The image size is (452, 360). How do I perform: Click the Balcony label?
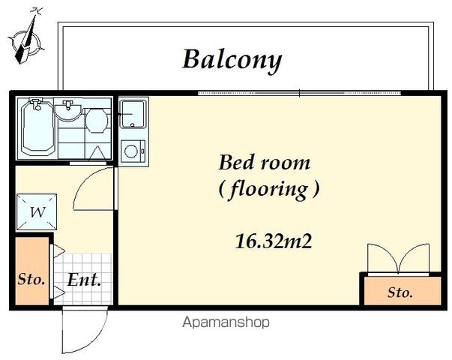pyautogui.click(x=232, y=60)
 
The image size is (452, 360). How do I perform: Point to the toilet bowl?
pyautogui.click(x=97, y=120)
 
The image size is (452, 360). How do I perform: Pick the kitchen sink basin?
pyautogui.click(x=133, y=114)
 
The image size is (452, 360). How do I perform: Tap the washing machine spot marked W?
pyautogui.click(x=37, y=212)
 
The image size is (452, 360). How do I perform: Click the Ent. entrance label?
pyautogui.click(x=84, y=279)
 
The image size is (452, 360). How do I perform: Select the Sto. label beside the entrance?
pyautogui.click(x=31, y=279)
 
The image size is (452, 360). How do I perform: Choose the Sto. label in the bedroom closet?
pyautogui.click(x=400, y=292)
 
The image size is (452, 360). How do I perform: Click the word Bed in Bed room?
pyautogui.click(x=235, y=162)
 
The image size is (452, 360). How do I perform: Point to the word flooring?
pyautogui.click(x=268, y=190)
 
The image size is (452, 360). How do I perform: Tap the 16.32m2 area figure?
pyautogui.click(x=274, y=241)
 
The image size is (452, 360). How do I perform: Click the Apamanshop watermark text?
pyautogui.click(x=226, y=322)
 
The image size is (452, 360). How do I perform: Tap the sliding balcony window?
pyautogui.click(x=300, y=93)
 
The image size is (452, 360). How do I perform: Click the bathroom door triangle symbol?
pyautogui.click(x=97, y=152)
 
